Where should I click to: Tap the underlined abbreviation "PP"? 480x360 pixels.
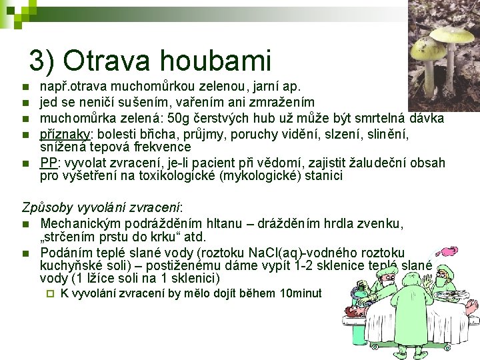pyautogui.click(x=47, y=163)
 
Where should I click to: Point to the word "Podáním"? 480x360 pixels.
pyautogui.click(x=67, y=252)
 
